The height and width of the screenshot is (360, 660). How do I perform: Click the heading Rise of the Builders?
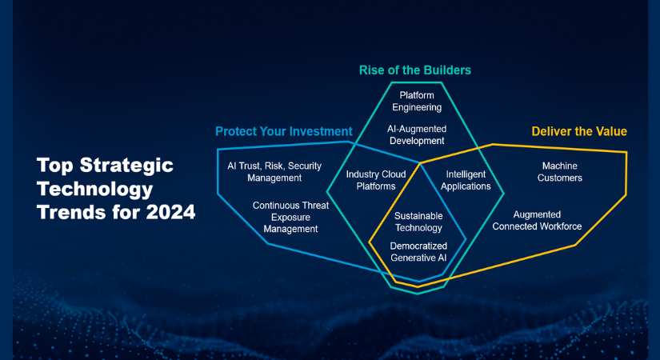tap(415, 70)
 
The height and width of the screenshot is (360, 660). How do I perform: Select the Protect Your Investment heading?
tap(284, 131)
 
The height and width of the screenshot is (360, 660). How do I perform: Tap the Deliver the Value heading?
tap(579, 131)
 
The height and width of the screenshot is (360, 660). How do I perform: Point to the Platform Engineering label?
tap(417, 102)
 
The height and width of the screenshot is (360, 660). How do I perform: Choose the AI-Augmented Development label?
tap(417, 134)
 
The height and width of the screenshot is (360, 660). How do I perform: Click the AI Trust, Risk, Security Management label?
tap(274, 172)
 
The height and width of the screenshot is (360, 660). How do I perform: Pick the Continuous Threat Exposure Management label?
tap(290, 218)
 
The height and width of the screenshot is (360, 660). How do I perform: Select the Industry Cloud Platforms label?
tap(376, 180)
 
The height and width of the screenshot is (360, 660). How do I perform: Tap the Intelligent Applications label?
tap(466, 180)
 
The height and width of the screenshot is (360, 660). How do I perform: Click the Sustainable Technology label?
tap(418, 222)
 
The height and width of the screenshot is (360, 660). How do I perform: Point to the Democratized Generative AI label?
tap(418, 252)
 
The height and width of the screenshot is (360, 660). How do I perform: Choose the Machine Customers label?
tap(560, 172)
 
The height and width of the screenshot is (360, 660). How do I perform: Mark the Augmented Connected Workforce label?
tap(537, 221)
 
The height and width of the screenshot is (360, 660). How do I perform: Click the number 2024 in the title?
tap(171, 212)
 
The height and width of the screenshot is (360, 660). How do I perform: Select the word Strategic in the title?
tap(126, 166)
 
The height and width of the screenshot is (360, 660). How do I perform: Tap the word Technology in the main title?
tap(94, 189)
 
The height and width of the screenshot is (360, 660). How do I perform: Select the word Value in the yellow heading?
tap(611, 131)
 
